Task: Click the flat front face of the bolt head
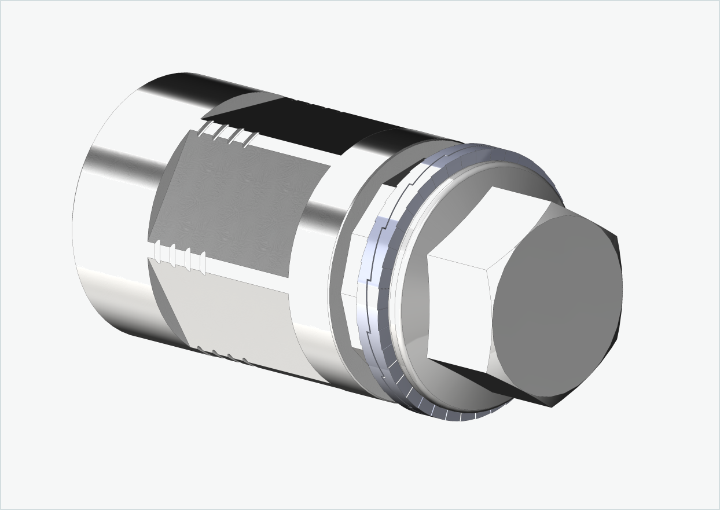tap(556, 307)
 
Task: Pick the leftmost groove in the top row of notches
tap(203, 129)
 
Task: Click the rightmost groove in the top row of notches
tap(250, 139)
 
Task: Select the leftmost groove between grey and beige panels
tap(157, 251)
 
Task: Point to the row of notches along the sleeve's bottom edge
tap(223, 354)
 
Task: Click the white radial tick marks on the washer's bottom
tap(440, 408)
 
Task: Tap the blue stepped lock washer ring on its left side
tap(370, 289)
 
